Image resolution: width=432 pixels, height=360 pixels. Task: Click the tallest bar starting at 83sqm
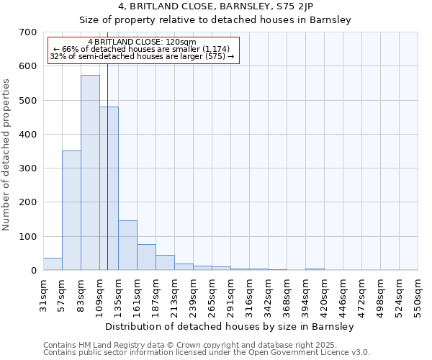click(90, 173)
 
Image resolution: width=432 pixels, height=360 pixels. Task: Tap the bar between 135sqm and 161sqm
click(127, 246)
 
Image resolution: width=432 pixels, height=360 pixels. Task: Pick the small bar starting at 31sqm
click(53, 264)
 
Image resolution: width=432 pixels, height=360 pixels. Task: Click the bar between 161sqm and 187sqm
click(146, 257)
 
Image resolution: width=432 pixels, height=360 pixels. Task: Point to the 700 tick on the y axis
click(28, 32)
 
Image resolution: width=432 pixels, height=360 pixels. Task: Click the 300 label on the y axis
click(28, 168)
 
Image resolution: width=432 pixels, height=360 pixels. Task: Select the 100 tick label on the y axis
click(28, 237)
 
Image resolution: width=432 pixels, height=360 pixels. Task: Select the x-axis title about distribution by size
click(230, 327)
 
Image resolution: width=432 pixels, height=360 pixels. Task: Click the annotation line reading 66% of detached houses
click(141, 49)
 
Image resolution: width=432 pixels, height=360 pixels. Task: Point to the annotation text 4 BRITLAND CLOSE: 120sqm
click(141, 42)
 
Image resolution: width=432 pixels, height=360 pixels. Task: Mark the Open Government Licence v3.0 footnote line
click(207, 353)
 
